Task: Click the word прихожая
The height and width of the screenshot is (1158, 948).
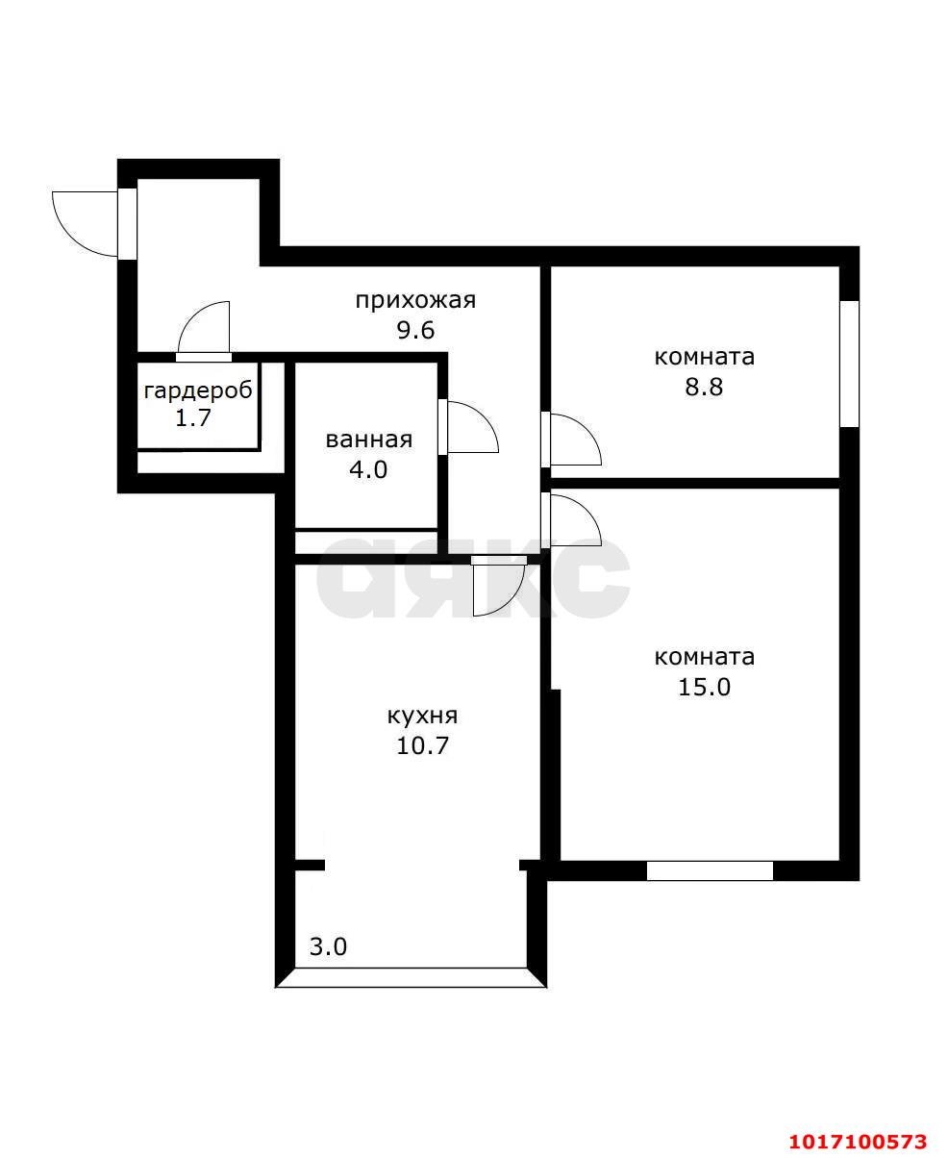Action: coord(415,301)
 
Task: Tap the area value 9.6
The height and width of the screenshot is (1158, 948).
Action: coord(415,331)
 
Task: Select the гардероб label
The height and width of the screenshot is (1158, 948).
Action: coord(198,391)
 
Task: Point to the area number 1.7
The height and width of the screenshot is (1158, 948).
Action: coord(193,418)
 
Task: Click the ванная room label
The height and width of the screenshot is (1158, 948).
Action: coord(369,440)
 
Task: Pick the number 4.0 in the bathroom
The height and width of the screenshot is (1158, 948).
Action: coord(368,470)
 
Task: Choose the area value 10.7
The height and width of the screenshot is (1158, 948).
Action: coord(423,746)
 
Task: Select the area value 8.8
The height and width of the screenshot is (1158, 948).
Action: coord(705,387)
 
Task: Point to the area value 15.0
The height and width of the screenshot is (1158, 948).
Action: coord(705,688)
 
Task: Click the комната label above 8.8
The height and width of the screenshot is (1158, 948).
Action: coord(705,358)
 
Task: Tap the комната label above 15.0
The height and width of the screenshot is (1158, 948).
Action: coord(705,657)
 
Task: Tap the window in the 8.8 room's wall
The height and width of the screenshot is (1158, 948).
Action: coord(850,364)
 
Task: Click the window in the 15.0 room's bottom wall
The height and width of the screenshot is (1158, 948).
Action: coord(710,870)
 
